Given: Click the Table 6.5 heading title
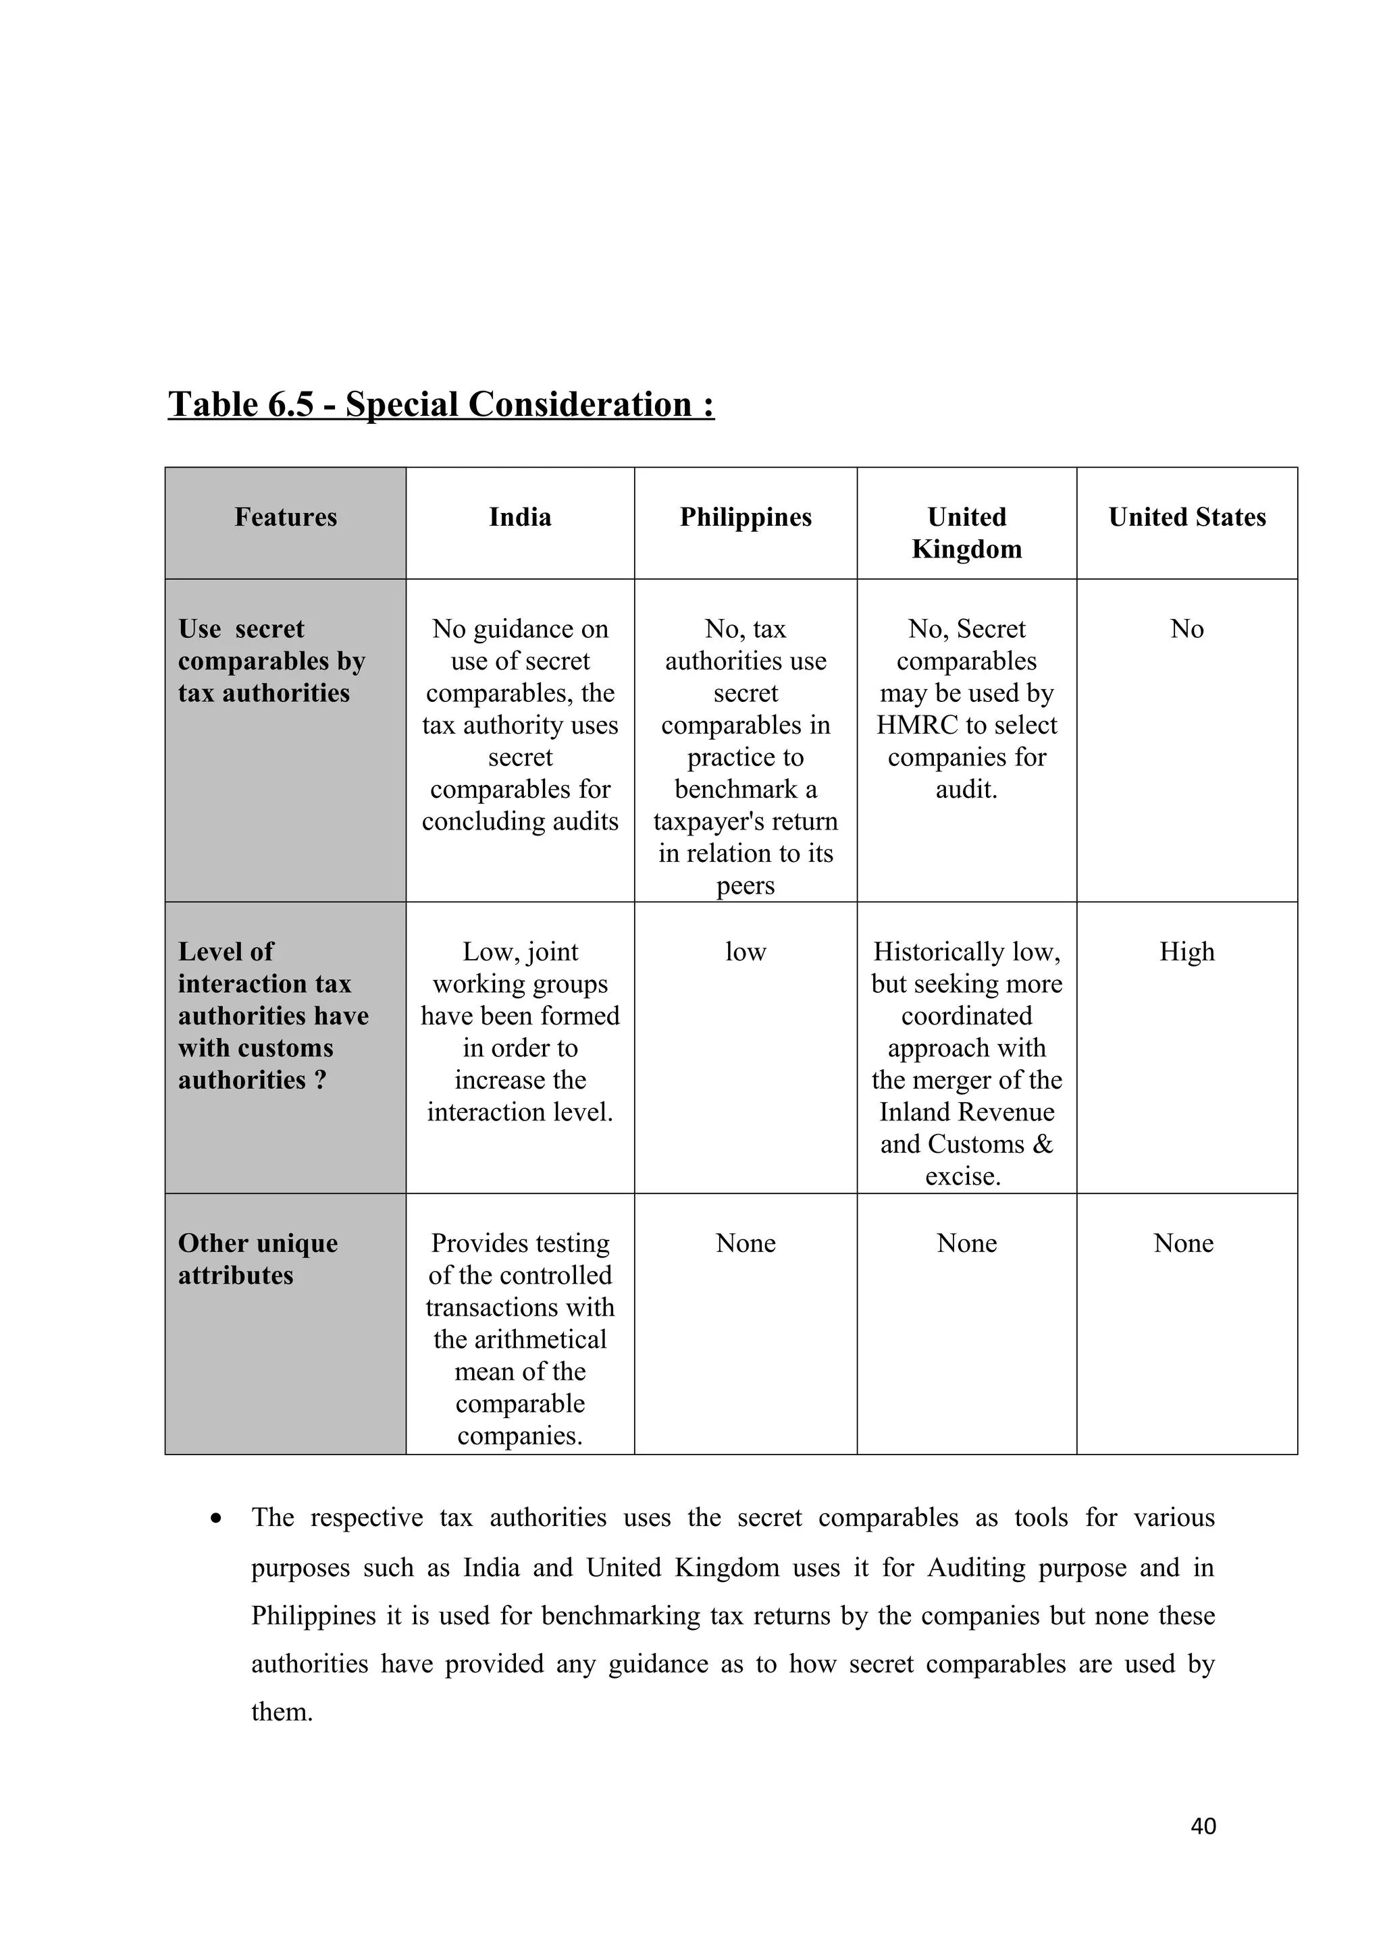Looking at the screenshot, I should [x=440, y=405].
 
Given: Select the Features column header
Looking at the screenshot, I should [x=286, y=517].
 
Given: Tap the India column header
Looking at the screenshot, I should [x=520, y=517].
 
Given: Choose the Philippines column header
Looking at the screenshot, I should [x=746, y=517].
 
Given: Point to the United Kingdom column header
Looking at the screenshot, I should [x=966, y=533].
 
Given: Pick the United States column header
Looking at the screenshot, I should [x=1187, y=517].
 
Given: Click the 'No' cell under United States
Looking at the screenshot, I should [x=1187, y=629].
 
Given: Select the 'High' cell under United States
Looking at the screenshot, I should [x=1187, y=952].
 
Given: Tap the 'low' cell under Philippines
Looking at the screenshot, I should [x=746, y=952].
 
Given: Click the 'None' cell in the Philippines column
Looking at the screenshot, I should [x=746, y=1243].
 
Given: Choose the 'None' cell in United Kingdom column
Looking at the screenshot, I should [x=966, y=1243].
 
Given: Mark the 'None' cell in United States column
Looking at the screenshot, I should [x=1184, y=1243].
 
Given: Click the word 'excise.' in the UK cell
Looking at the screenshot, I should [x=963, y=1176].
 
